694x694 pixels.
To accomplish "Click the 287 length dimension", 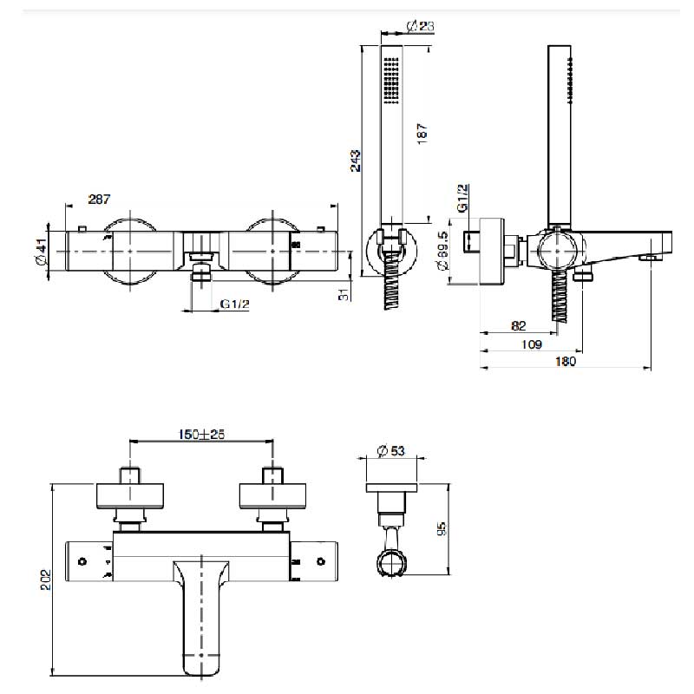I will click(x=100, y=200).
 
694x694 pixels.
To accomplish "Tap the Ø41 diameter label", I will click(x=40, y=252).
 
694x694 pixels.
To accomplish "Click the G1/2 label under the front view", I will click(x=234, y=304).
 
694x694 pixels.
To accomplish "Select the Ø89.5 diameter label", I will click(x=443, y=252).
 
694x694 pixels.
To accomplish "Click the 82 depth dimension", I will click(x=519, y=325).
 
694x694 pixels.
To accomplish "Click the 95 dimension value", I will click(x=441, y=529).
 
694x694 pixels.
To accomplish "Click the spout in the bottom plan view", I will click(x=203, y=616).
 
